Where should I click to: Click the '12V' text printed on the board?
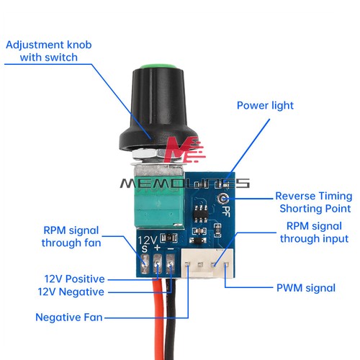(147, 240)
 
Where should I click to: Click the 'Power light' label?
(265, 106)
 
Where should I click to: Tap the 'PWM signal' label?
(306, 288)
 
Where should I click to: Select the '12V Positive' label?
(74, 279)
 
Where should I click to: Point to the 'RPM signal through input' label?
(314, 233)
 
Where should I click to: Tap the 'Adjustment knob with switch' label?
(49, 51)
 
